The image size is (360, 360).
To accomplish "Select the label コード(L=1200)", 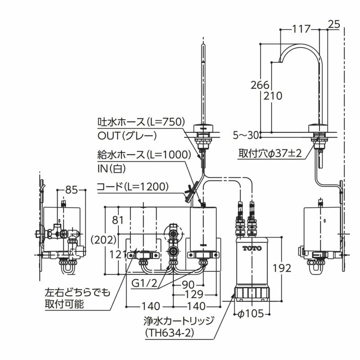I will tap(133, 185).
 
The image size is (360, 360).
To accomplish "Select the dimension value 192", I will tap(282, 268).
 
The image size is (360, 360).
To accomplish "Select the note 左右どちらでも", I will tap(77, 293).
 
